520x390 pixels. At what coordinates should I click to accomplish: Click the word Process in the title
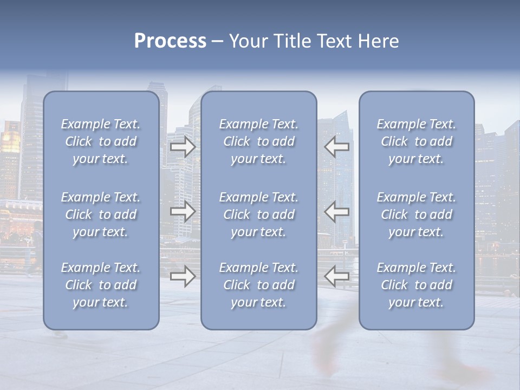(x=170, y=41)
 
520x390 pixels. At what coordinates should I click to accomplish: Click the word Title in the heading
(x=291, y=41)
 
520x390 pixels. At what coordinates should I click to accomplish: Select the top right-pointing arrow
(x=183, y=146)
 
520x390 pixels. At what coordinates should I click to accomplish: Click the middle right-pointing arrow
(x=183, y=212)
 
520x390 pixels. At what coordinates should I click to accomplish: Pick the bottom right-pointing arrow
(x=183, y=277)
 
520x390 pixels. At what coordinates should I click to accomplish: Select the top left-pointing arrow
(x=336, y=146)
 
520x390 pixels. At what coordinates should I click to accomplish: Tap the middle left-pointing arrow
(x=336, y=212)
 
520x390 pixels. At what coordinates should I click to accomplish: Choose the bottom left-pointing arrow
(x=336, y=277)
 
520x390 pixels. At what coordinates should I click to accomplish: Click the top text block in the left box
(x=101, y=141)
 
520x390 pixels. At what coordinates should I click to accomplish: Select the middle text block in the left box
(x=101, y=214)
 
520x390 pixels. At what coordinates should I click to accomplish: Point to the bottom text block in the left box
(x=101, y=285)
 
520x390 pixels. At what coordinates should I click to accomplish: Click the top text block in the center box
(x=259, y=141)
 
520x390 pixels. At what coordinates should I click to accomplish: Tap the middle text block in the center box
(x=259, y=214)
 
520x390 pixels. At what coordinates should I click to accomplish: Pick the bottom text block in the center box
(x=259, y=285)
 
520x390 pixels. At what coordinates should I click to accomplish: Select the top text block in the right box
(x=417, y=141)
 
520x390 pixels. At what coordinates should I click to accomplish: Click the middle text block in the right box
(x=417, y=214)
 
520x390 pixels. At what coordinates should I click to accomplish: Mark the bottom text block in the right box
(x=417, y=285)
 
